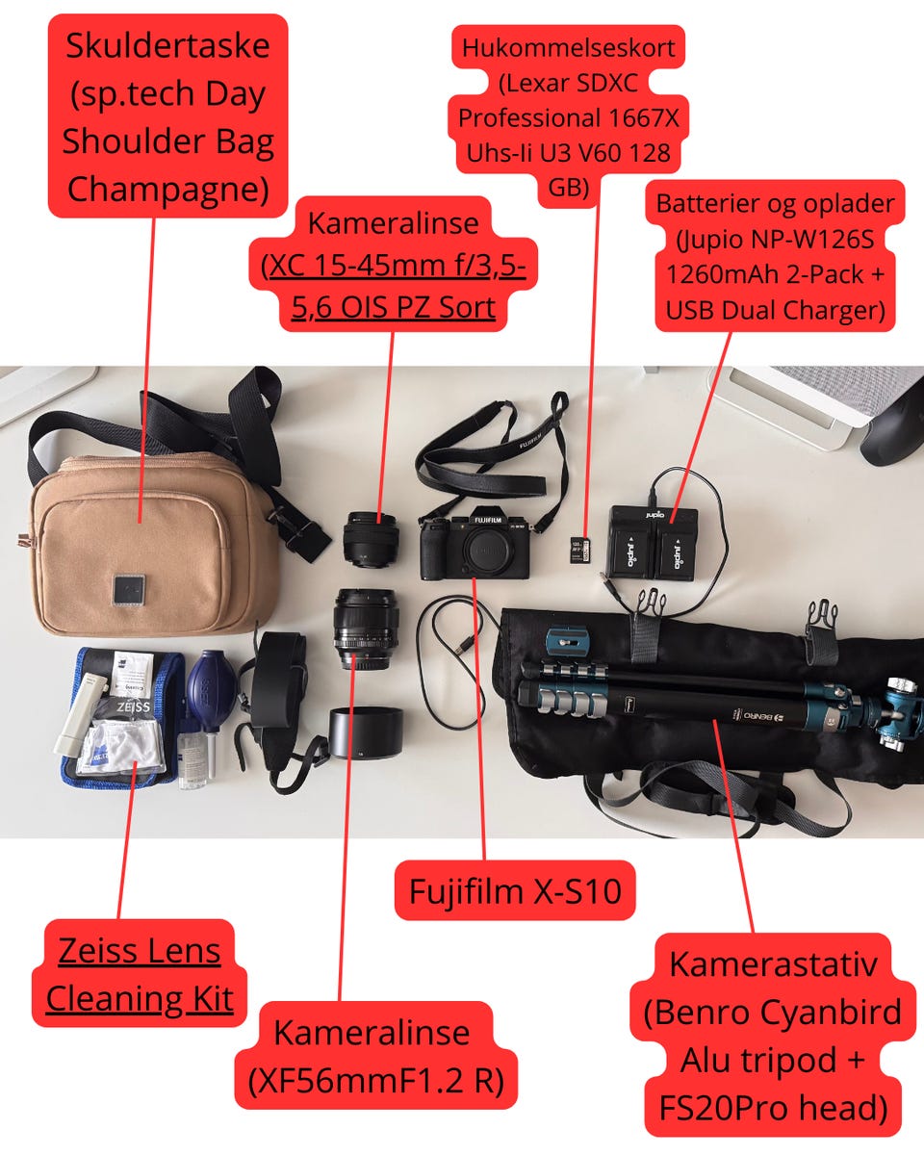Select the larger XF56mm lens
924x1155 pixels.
click(x=366, y=629)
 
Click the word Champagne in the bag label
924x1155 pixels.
click(x=168, y=188)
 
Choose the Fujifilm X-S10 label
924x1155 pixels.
click(x=516, y=890)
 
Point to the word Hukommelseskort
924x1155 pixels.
click(x=569, y=46)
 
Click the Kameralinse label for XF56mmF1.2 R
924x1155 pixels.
click(x=372, y=1033)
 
